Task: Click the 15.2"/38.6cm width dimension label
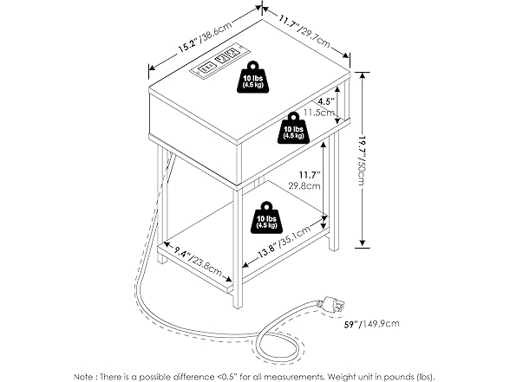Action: point(205,36)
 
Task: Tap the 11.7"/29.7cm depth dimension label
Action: point(304,30)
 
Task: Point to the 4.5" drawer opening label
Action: point(326,101)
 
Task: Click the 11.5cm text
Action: point(319,113)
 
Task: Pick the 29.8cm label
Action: point(304,186)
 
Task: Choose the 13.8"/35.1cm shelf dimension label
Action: point(284,242)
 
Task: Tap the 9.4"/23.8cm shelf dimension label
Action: point(198,261)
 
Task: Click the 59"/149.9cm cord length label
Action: point(372,324)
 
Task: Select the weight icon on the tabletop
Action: point(254,77)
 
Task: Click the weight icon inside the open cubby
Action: point(294,127)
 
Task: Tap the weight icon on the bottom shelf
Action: point(266,217)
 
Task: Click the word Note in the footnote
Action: point(84,377)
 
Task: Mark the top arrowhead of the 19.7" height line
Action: point(363,75)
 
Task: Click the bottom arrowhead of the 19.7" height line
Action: point(363,243)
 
